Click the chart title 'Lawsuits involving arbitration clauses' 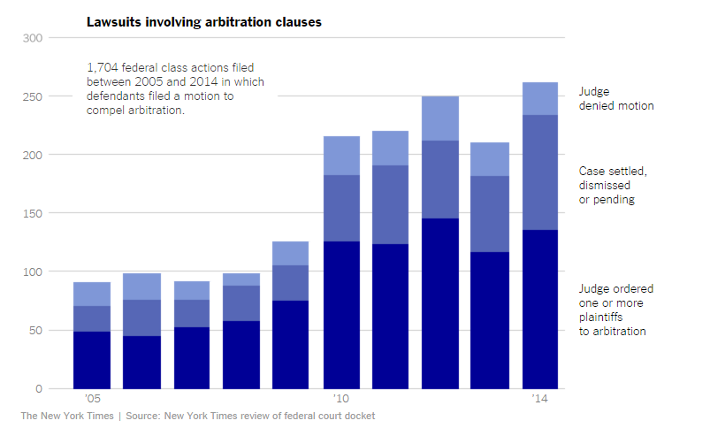point(203,21)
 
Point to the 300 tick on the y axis point(33,38)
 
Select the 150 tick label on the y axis point(33,213)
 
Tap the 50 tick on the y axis point(35,331)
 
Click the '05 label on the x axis point(91,400)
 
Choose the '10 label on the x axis point(340,400)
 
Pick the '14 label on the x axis point(540,400)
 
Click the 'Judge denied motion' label point(616,98)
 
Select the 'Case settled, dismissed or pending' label point(611,186)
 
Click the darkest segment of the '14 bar point(540,310)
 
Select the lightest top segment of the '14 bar point(540,98)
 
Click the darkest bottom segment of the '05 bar point(91,360)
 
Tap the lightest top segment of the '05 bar point(91,294)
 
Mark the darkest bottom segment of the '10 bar point(340,315)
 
